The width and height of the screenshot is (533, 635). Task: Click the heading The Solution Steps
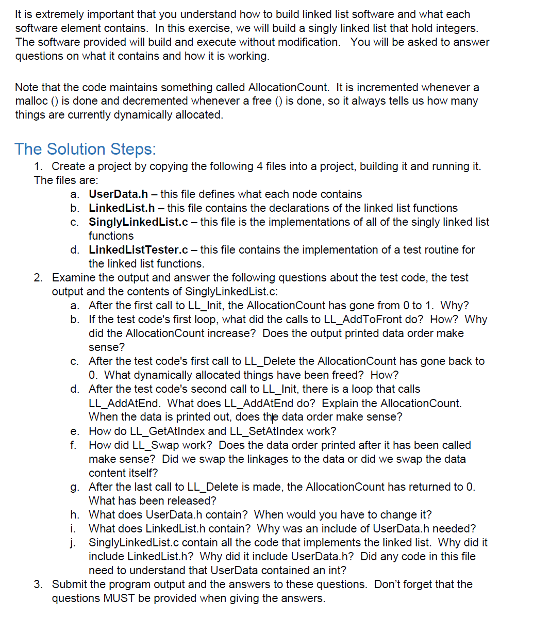pos(85,149)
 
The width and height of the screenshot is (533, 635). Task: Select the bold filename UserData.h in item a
pos(118,194)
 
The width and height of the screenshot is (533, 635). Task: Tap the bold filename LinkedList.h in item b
pos(122,208)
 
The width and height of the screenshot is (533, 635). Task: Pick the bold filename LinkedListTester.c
pos(138,250)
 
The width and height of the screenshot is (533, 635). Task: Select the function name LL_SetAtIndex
pos(266,431)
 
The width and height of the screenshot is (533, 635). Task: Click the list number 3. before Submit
pos(39,584)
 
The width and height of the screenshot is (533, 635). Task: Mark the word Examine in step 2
pos(73,278)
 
